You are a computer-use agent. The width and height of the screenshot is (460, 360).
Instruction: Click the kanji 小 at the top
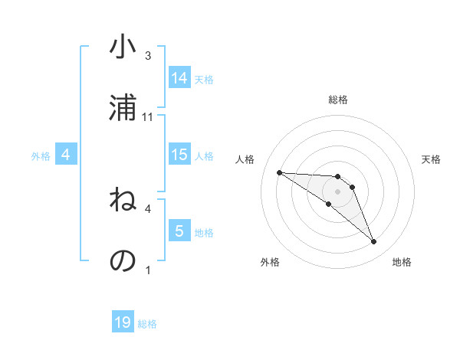123,47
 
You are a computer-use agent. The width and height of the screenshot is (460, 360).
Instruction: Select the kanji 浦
123,106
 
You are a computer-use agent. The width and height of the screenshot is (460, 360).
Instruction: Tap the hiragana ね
123,201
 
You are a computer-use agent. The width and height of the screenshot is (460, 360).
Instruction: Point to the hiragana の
123,260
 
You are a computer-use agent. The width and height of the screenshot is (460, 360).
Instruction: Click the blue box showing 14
179,77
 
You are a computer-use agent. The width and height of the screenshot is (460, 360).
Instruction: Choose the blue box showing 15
179,155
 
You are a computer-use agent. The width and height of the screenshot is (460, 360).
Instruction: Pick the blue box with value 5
179,231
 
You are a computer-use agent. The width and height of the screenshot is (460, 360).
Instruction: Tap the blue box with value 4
66,155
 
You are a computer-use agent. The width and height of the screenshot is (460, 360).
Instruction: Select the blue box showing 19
123,322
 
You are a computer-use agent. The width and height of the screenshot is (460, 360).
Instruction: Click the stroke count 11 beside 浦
149,117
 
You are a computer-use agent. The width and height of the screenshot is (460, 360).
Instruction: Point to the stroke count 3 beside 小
148,56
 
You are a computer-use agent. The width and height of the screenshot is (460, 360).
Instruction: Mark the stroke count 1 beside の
148,270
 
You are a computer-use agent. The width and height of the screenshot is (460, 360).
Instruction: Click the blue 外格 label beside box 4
41,155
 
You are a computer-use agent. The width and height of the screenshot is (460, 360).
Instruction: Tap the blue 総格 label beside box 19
147,324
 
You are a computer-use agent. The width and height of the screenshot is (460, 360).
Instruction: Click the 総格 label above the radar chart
338,100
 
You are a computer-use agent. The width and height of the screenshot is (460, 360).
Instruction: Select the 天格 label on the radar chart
432,159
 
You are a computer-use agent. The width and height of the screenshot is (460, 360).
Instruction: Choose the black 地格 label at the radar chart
402,262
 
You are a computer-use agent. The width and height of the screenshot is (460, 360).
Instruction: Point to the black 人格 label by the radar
245,159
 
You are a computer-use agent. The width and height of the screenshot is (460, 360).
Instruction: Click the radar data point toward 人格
279,172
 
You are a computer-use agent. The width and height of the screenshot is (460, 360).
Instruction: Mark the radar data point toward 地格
373,242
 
